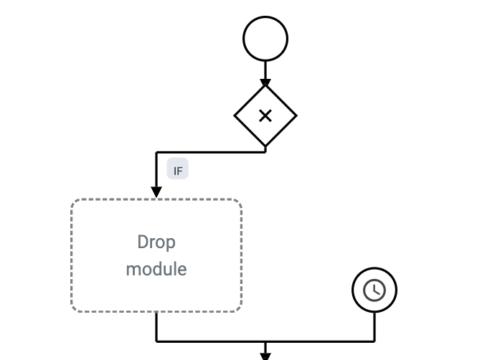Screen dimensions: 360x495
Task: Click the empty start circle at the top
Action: pos(265,39)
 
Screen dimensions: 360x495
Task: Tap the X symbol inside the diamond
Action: pos(265,115)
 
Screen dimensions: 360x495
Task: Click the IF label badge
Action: pos(178,171)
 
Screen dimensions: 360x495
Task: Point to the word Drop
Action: pos(156,242)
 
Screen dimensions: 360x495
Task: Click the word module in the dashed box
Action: pos(156,269)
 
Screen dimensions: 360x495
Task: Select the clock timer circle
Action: pos(374,290)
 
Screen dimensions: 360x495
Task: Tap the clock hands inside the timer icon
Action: pos(374,290)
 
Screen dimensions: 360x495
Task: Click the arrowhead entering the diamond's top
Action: pos(265,83)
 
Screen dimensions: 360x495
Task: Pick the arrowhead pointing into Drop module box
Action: pos(156,192)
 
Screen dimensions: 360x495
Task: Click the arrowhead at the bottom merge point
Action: pos(265,354)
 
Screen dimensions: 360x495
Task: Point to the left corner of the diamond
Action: pos(235,115)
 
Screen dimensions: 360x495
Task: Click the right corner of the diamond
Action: pos(296,115)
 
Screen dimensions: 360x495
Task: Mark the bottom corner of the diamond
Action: pos(265,146)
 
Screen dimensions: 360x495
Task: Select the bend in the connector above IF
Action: pos(156,152)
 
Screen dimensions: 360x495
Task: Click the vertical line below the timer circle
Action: pos(374,326)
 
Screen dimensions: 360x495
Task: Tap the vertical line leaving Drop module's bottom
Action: pos(156,326)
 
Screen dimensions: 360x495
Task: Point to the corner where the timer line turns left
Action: pos(374,341)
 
